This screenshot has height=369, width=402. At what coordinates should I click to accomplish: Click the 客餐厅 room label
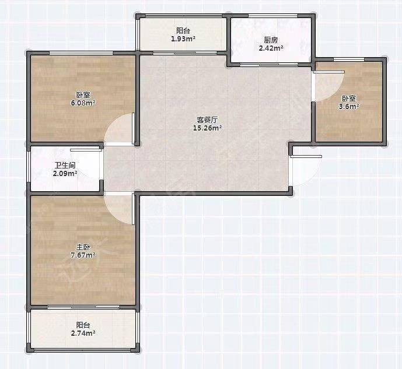[207, 120]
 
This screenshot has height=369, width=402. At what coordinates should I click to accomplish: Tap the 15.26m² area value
[207, 128]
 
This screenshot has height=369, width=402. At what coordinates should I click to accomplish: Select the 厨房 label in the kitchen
[271, 40]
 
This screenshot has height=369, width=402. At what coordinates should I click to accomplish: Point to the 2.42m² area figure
[271, 48]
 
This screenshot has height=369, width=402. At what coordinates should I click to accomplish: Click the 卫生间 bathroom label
[65, 166]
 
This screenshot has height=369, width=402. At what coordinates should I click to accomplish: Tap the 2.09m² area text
[65, 174]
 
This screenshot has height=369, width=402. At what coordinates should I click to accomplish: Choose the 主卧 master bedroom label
[83, 247]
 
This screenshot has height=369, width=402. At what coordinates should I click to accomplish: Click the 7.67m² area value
[83, 255]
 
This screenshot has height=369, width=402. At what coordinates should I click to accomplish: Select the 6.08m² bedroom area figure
[83, 103]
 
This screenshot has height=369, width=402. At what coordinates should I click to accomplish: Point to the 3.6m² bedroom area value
[349, 107]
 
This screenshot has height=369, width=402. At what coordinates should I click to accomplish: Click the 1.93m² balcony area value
[183, 39]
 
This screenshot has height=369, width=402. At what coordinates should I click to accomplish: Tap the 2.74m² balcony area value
[83, 333]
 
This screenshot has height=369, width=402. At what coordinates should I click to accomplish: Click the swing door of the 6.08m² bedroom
[120, 129]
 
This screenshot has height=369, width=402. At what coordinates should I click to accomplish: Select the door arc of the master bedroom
[120, 209]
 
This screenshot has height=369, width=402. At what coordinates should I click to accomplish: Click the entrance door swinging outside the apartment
[306, 171]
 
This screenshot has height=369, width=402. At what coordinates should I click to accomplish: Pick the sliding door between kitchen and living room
[271, 65]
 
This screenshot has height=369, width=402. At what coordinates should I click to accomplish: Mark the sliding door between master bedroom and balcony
[83, 307]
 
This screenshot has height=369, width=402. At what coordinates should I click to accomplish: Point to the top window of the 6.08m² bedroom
[81, 53]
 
